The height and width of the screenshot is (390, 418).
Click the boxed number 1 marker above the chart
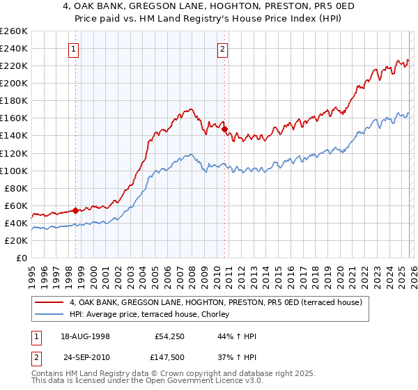coord(74,49)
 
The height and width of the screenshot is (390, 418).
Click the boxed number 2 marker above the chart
coord(222,49)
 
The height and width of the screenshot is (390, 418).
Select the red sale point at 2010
coord(224,129)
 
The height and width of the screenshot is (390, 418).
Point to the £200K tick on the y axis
coord(14,83)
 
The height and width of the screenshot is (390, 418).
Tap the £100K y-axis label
coord(14,171)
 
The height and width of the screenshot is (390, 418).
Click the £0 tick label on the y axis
coord(21,258)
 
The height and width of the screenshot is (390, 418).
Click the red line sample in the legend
coord(50,303)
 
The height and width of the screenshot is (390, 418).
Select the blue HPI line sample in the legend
coord(50,315)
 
